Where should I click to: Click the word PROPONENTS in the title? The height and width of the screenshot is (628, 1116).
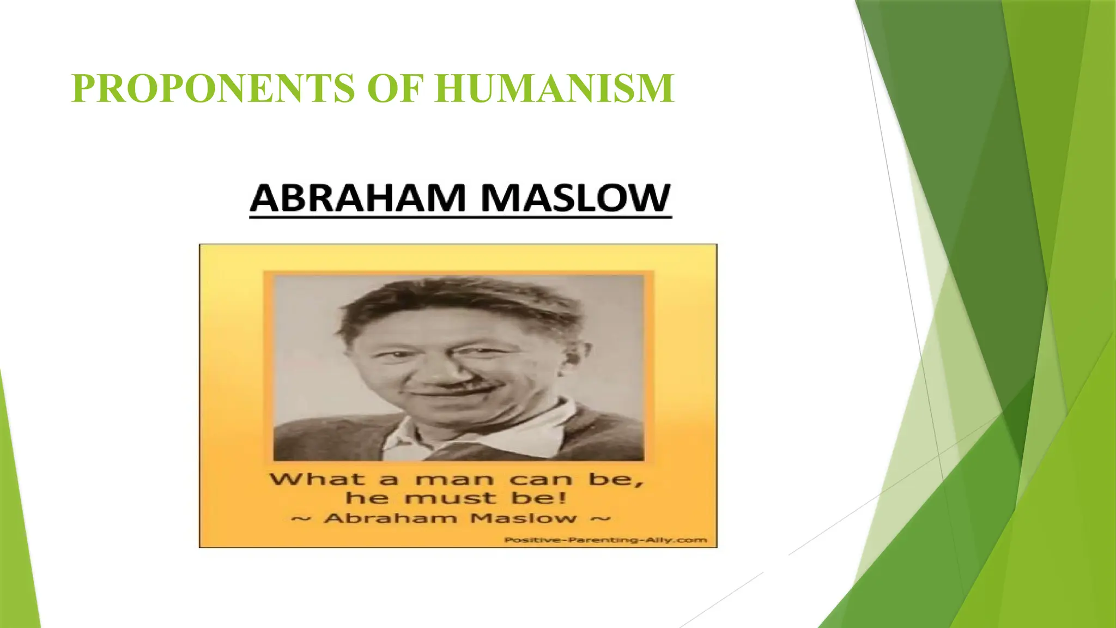tap(213, 88)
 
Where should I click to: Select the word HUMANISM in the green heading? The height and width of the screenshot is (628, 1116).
tap(555, 88)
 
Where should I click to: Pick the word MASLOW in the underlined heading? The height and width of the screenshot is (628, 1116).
tap(575, 198)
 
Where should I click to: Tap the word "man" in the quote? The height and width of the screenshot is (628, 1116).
tap(455, 480)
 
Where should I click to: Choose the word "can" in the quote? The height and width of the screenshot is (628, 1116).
tap(541, 480)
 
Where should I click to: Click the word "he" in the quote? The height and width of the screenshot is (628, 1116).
tap(367, 498)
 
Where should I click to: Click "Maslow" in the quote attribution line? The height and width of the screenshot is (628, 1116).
tap(524, 518)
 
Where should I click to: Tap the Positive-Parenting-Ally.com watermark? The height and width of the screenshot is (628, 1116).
tap(605, 540)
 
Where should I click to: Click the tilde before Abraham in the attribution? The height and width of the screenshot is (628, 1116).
tap(301, 518)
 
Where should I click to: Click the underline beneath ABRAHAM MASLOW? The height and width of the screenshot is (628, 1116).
tap(460, 217)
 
